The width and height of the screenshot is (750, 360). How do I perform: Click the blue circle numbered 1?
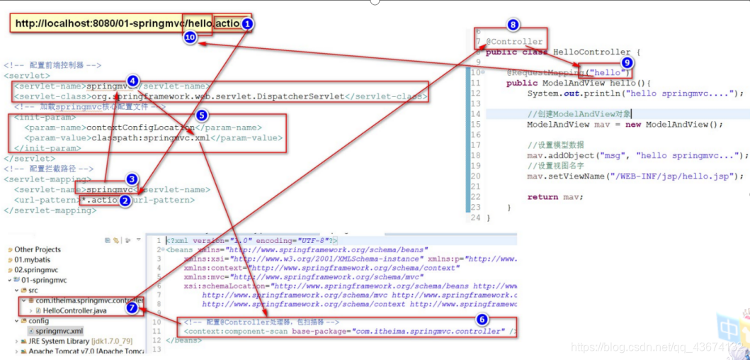tap(247, 23)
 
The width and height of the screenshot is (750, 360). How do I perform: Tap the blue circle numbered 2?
tap(125, 201)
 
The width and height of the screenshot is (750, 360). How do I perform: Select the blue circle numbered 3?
tap(132, 179)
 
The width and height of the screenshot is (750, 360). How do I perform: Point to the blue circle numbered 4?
tap(132, 80)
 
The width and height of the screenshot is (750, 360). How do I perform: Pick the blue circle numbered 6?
tap(482, 320)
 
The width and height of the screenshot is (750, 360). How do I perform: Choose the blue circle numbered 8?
tap(513, 25)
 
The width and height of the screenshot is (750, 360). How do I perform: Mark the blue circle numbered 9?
tap(625, 62)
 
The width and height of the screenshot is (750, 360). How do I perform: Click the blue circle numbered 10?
tap(190, 38)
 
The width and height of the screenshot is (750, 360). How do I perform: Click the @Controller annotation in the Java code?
tap(514, 41)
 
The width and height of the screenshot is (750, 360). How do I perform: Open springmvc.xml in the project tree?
tap(59, 331)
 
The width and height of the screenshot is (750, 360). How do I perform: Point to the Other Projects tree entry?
tap(38, 249)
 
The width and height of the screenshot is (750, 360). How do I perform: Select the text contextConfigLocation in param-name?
tap(140, 128)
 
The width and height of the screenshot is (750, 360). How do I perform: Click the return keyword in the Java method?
tap(542, 196)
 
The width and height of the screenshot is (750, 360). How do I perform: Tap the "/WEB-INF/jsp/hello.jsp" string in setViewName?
tap(673, 176)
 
